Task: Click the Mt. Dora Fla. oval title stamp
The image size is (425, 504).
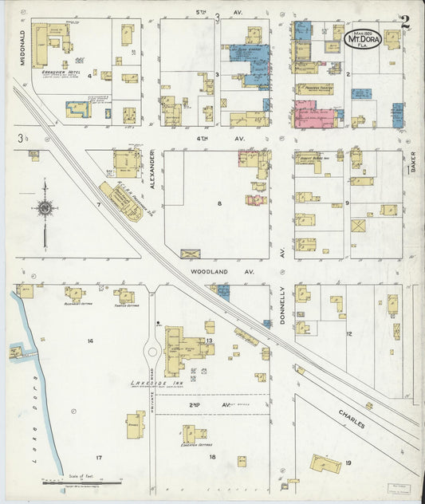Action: tap(363, 38)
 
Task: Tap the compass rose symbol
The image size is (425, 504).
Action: tap(45, 209)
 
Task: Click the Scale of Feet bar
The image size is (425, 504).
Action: tap(80, 482)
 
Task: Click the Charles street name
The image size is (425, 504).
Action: tap(351, 419)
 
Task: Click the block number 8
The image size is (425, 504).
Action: tap(218, 204)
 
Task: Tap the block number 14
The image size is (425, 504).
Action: tap(90, 341)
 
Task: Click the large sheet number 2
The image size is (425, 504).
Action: tap(405, 22)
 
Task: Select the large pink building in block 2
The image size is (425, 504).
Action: tap(314, 115)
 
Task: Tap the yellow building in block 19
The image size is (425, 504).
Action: tap(325, 463)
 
